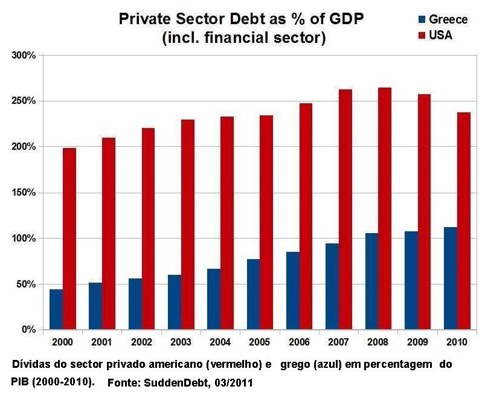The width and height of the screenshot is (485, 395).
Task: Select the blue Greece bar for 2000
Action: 56,309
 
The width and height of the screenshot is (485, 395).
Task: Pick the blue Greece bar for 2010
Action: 449,278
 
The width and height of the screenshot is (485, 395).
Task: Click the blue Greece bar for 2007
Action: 332,286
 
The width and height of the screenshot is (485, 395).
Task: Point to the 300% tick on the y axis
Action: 40,55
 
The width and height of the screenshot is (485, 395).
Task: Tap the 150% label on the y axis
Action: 24,193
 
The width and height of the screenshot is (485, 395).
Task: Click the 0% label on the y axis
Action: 29,330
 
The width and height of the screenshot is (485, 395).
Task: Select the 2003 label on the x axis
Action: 181,342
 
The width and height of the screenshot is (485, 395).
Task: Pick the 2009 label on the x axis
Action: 417,342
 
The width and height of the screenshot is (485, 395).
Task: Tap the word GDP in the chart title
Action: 346,19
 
